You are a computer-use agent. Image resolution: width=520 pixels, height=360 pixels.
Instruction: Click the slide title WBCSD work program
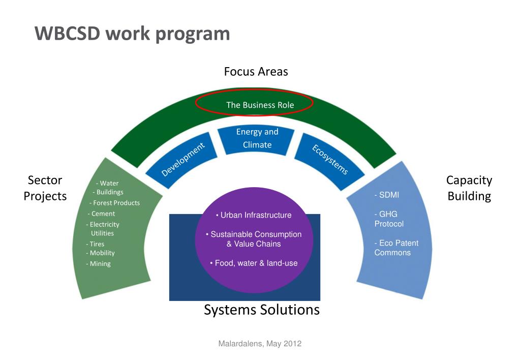click(132, 34)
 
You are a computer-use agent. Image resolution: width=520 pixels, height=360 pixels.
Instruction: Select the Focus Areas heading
click(256, 72)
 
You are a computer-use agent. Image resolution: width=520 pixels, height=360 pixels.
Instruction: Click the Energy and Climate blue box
click(257, 138)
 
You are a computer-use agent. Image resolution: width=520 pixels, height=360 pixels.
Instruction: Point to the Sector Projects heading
click(45, 188)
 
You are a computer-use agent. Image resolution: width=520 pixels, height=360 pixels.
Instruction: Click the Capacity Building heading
click(469, 188)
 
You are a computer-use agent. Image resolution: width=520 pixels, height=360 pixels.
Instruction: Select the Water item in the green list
click(107, 183)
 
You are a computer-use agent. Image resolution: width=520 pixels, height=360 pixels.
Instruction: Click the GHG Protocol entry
click(389, 219)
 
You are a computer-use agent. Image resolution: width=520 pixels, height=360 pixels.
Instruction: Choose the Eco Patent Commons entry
click(396, 248)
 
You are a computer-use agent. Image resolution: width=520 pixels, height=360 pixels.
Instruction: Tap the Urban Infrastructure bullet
click(254, 215)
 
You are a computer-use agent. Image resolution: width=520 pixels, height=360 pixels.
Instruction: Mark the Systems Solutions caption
click(262, 310)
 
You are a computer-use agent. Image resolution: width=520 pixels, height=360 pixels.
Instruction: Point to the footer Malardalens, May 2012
click(260, 344)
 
